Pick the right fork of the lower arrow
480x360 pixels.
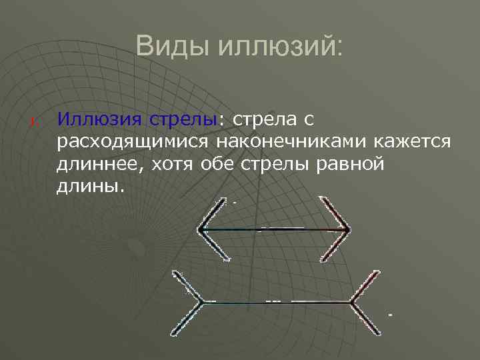[x=365, y=302]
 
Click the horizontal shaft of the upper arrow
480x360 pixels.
[x=273, y=229]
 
